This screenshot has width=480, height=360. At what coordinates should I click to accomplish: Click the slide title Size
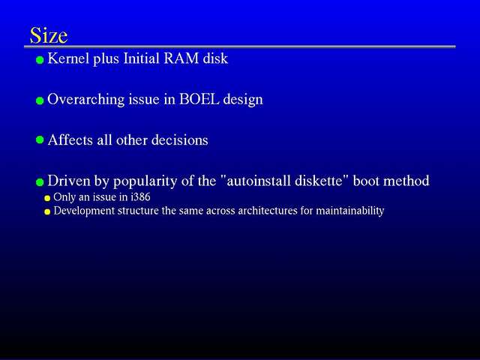point(49,35)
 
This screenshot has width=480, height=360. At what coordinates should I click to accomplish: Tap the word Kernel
point(68,58)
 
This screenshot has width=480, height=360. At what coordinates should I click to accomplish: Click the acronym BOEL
point(199,99)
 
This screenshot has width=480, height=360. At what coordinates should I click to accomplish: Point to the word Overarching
point(85,100)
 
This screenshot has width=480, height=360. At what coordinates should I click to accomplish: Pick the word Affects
point(70,139)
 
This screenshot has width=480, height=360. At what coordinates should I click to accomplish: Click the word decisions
point(180,140)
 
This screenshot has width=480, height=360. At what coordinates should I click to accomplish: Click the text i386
point(140,196)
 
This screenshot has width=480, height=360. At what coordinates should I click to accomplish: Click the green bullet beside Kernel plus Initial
point(40,60)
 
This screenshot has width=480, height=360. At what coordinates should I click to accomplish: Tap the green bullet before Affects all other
point(40,140)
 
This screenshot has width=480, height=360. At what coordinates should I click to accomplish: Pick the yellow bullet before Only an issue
point(47,198)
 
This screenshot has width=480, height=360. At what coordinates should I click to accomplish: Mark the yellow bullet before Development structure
point(47,211)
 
